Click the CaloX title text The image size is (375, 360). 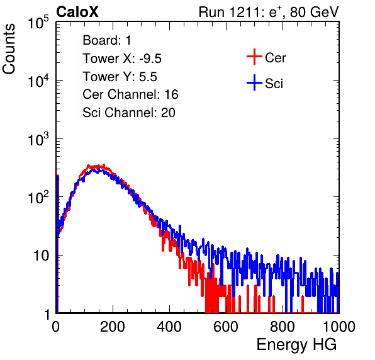click(x=77, y=12)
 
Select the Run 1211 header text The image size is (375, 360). click(x=269, y=12)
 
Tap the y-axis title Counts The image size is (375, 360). click(x=9, y=49)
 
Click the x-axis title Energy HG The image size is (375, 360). click(x=296, y=345)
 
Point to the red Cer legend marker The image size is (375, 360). click(x=254, y=57)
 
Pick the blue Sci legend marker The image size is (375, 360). click(x=254, y=82)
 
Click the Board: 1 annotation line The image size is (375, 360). click(x=107, y=40)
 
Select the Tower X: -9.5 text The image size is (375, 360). click(x=122, y=59)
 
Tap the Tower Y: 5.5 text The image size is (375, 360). click(x=120, y=77)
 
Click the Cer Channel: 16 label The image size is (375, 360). click(x=130, y=94)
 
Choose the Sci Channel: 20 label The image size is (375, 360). click(x=129, y=113)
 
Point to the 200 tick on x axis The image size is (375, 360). click(x=113, y=327)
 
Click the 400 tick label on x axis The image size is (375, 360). click(x=169, y=327)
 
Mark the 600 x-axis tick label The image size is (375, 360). click(x=226, y=327)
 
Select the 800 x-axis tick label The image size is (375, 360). click(x=283, y=327)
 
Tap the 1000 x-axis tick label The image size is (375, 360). click(x=339, y=327)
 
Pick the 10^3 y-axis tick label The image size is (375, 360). click(x=38, y=139)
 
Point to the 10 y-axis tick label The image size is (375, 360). click(x=41, y=256)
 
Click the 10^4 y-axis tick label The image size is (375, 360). click(x=38, y=81)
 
